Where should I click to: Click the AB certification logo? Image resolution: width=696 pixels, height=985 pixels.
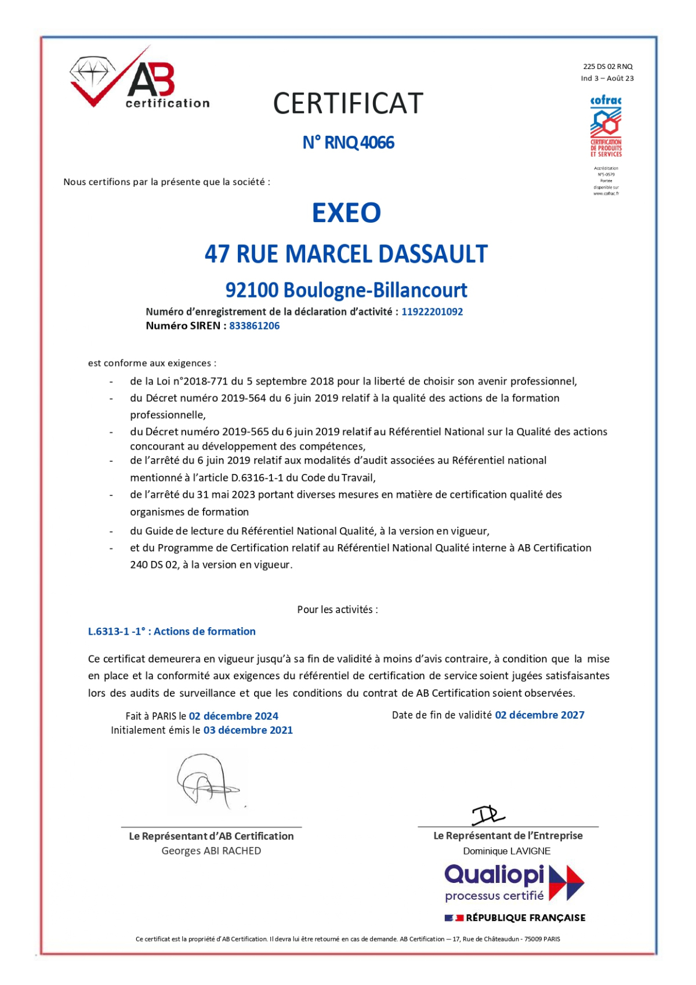pyautogui.click(x=139, y=79)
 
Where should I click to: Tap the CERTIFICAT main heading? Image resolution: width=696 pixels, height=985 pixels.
pyautogui.click(x=348, y=104)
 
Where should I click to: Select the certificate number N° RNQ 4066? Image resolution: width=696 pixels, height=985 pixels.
pyautogui.click(x=348, y=143)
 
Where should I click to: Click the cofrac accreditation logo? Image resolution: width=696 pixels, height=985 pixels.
pyautogui.click(x=606, y=126)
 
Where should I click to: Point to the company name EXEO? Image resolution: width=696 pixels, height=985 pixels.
pyautogui.click(x=346, y=213)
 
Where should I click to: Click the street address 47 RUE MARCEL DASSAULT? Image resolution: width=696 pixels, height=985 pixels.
pyautogui.click(x=346, y=254)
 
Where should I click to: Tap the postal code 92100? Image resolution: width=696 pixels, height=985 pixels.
pyautogui.click(x=252, y=290)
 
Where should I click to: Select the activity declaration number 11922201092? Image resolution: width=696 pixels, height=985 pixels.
pyautogui.click(x=432, y=312)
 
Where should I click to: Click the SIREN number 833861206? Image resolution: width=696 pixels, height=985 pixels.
pyautogui.click(x=254, y=326)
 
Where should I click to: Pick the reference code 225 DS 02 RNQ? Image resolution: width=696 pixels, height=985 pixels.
pyautogui.click(x=608, y=67)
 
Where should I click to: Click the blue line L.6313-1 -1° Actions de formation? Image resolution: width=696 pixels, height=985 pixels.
pyautogui.click(x=172, y=632)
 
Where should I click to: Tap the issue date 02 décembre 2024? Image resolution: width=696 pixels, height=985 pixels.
pyautogui.click(x=233, y=716)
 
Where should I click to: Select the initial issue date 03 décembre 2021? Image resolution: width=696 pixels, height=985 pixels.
pyautogui.click(x=248, y=730)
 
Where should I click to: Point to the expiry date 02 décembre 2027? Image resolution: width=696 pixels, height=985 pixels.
pyautogui.click(x=539, y=715)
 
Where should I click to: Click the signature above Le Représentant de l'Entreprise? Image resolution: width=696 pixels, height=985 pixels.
pyautogui.click(x=487, y=815)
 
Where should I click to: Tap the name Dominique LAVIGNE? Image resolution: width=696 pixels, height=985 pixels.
pyautogui.click(x=506, y=851)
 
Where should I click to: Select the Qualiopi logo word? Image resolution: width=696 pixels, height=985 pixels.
pyautogui.click(x=494, y=875)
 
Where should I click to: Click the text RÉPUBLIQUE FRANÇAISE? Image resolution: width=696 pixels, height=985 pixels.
pyautogui.click(x=525, y=918)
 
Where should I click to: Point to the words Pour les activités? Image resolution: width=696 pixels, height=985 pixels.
pyautogui.click(x=337, y=610)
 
